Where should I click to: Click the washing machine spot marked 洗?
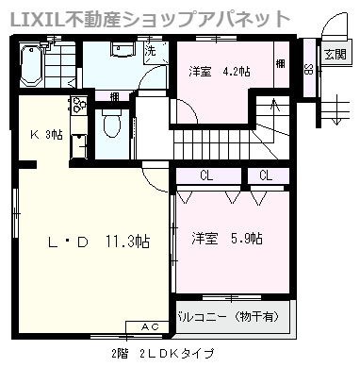point(151,52)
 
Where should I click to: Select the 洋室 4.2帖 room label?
point(216,71)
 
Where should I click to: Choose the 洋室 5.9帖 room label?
point(227,237)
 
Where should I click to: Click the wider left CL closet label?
point(206,175)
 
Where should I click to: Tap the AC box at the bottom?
point(150,325)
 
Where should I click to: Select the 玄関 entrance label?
point(334,55)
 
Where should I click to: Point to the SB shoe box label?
point(308,67)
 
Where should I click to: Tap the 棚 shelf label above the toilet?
point(113,95)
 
